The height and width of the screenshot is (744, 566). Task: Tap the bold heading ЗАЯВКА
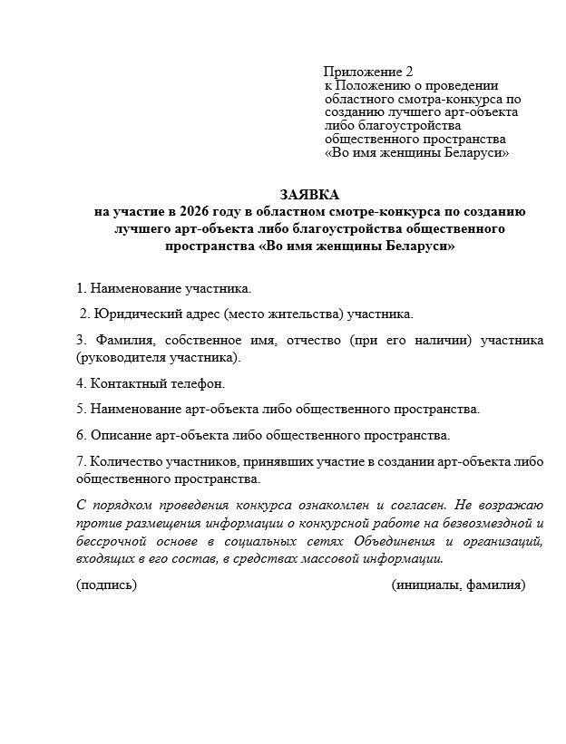click(x=310, y=195)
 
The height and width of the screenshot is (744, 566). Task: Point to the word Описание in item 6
click(x=117, y=435)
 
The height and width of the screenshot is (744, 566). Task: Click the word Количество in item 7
click(x=125, y=461)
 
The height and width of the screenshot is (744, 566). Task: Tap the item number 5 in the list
click(x=80, y=410)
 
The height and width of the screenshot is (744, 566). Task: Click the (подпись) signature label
click(x=107, y=585)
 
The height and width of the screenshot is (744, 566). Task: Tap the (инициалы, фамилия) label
click(x=458, y=585)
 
